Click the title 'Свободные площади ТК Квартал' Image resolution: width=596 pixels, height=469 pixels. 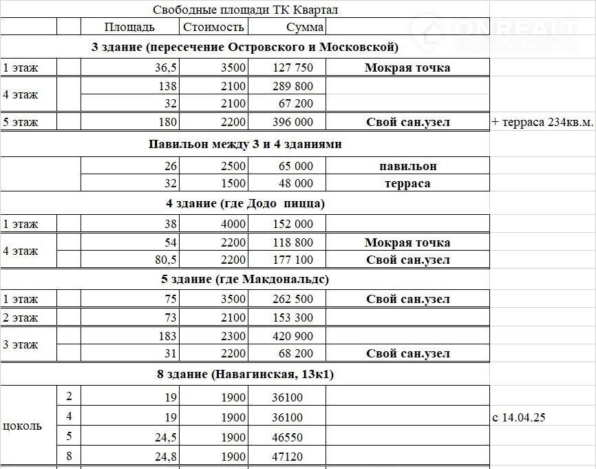[x=245, y=10]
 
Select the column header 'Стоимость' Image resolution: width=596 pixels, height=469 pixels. [x=213, y=27]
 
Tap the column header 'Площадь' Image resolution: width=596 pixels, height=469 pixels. [x=129, y=27]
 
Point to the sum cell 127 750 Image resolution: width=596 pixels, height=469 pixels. [x=289, y=67]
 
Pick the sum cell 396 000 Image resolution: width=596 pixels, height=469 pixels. [x=289, y=122]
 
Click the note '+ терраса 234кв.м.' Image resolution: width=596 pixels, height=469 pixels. [x=542, y=122]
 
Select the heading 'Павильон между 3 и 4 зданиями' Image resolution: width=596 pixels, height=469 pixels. [x=245, y=145]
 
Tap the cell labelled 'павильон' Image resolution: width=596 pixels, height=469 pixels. [x=407, y=166]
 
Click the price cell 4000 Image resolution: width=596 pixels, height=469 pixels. [x=233, y=224]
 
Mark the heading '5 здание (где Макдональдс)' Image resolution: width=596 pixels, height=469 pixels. [x=245, y=280]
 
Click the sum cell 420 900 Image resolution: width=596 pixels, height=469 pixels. [x=289, y=336]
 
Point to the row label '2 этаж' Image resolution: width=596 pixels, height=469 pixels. [x=21, y=317]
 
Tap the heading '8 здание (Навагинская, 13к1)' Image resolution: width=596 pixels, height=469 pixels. [x=245, y=375]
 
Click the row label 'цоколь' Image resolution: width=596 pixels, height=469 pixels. [x=22, y=426]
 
